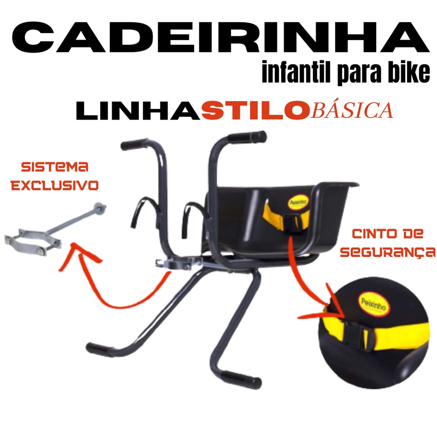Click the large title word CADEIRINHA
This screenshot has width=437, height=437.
pyautogui.click(x=220, y=38)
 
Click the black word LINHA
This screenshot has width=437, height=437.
pyautogui.click(x=138, y=111)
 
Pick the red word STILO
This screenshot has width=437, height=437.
pyautogui.click(x=256, y=111)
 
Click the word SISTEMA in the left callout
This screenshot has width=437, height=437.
pyautogui.click(x=55, y=167)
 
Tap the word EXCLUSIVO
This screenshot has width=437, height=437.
pyautogui.click(x=55, y=185)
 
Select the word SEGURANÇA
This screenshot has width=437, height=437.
pyautogui.click(x=387, y=252)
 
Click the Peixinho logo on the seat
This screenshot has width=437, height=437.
pyautogui.click(x=298, y=202)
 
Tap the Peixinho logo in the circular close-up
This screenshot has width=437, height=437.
pyautogui.click(x=373, y=304)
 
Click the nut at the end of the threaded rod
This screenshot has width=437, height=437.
pyautogui.click(x=100, y=207)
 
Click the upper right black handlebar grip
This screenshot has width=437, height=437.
pyautogui.click(x=247, y=137)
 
